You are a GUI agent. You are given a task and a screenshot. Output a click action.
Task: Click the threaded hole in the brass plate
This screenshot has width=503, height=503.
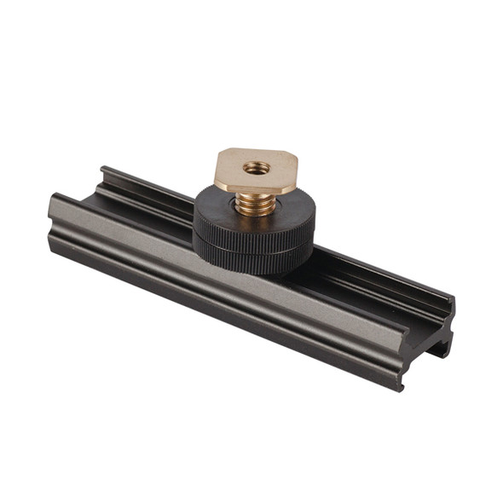(x=255, y=168)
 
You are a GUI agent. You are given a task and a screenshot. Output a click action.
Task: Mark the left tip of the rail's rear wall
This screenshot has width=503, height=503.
(x=103, y=170)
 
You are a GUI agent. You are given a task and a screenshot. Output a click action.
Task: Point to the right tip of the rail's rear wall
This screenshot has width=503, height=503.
(x=451, y=301)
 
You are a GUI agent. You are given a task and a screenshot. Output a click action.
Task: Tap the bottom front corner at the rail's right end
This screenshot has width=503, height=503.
(x=401, y=388)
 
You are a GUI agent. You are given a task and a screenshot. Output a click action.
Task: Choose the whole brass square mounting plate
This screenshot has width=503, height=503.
(x=255, y=171)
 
